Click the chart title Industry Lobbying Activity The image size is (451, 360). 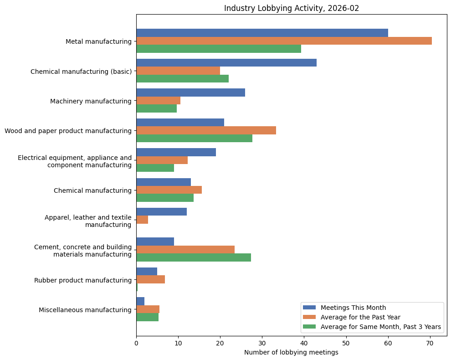(x=292, y=8)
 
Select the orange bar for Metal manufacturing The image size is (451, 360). (x=284, y=41)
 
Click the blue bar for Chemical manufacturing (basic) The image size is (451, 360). (x=226, y=63)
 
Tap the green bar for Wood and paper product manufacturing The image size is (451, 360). (x=194, y=139)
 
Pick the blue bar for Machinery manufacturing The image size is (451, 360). (x=190, y=93)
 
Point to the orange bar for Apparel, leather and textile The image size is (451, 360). (x=142, y=220)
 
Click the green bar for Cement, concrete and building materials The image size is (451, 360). (x=194, y=257)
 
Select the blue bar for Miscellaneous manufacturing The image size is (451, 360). (x=140, y=301)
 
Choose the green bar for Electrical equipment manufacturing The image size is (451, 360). (x=155, y=168)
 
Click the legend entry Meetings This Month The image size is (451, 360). (x=353, y=307)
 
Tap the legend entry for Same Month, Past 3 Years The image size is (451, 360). (x=380, y=327)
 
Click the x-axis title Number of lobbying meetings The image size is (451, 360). (x=291, y=352)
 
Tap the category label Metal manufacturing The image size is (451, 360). (x=98, y=41)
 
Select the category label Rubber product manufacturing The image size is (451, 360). (x=83, y=280)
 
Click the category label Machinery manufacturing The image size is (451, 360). (x=91, y=101)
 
